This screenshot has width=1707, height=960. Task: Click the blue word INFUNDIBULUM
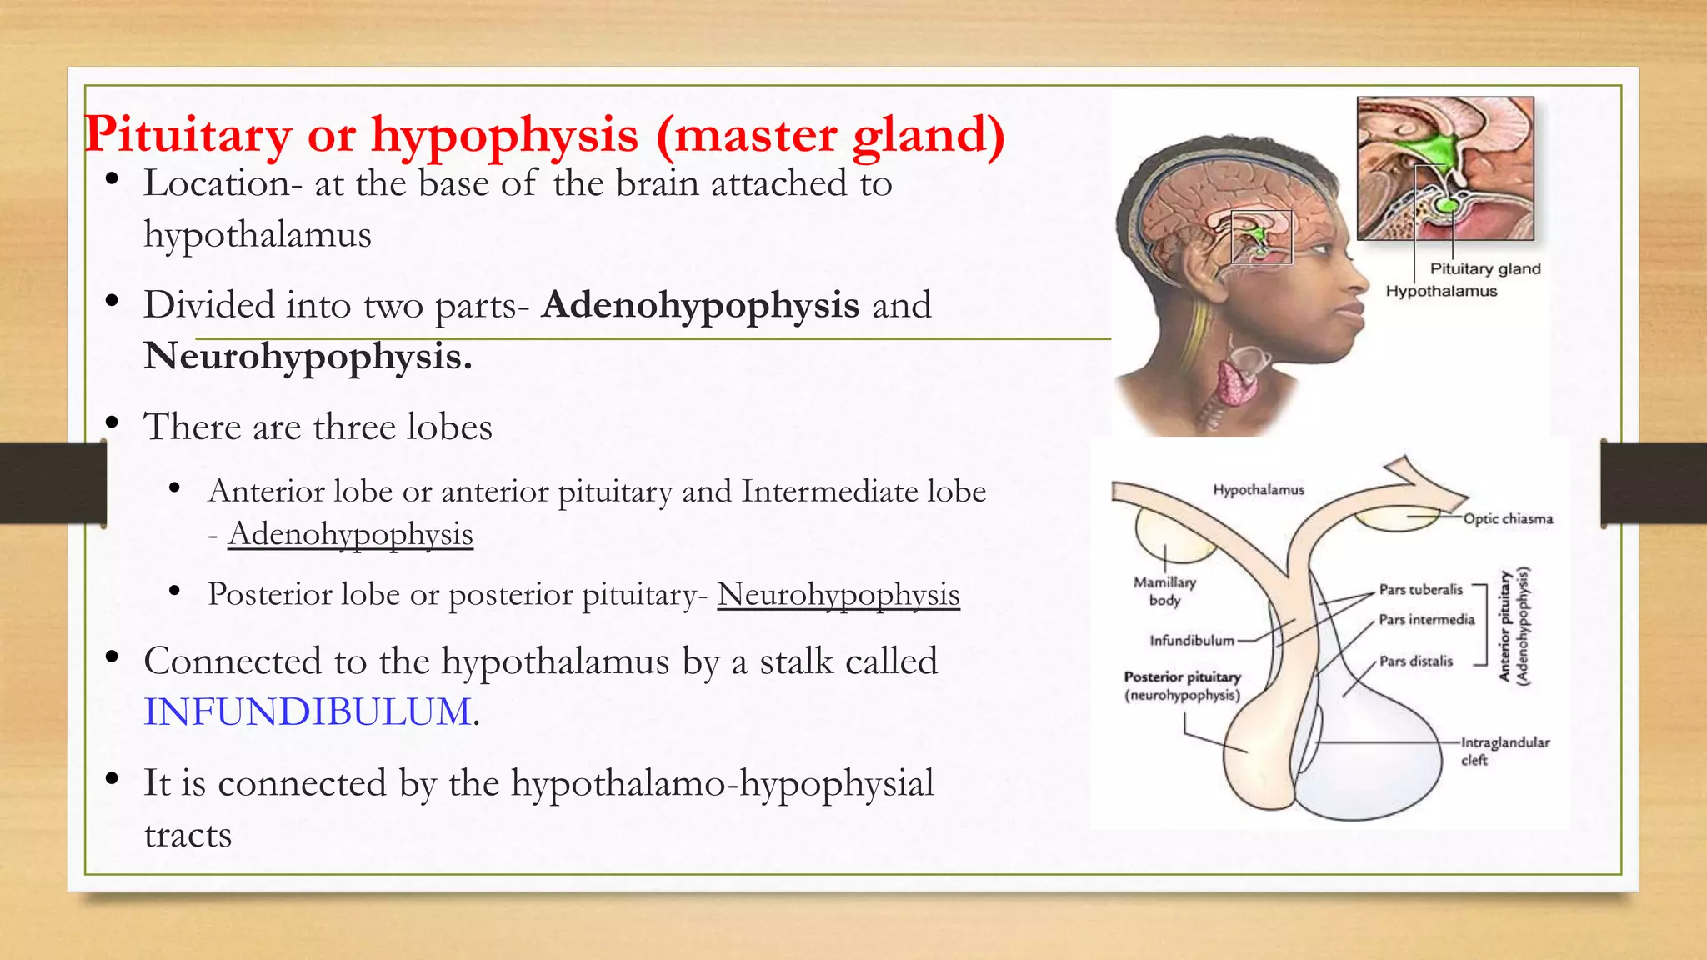tap(308, 712)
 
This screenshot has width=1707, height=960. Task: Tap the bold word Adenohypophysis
tap(700, 305)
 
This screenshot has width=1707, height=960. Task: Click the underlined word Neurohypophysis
tap(838, 595)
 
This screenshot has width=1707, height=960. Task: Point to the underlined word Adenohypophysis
tap(350, 534)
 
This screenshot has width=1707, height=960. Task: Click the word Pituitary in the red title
tap(188, 134)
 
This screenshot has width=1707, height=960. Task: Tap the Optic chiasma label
tap(1508, 518)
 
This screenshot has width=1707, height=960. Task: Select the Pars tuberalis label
tap(1420, 589)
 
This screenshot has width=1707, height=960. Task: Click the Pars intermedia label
tap(1426, 619)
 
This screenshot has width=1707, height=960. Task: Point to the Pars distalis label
tap(1415, 661)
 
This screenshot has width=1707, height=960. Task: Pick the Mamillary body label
tap(1164, 591)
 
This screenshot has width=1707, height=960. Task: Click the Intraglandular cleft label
tap(1504, 750)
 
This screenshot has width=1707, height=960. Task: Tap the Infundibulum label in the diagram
tap(1191, 640)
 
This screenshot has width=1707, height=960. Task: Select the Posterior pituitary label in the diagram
tap(1182, 685)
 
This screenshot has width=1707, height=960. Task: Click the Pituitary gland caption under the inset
tap(1485, 268)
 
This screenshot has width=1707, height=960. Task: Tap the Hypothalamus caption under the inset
tap(1441, 291)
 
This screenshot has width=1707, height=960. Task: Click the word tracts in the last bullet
tap(188, 835)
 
